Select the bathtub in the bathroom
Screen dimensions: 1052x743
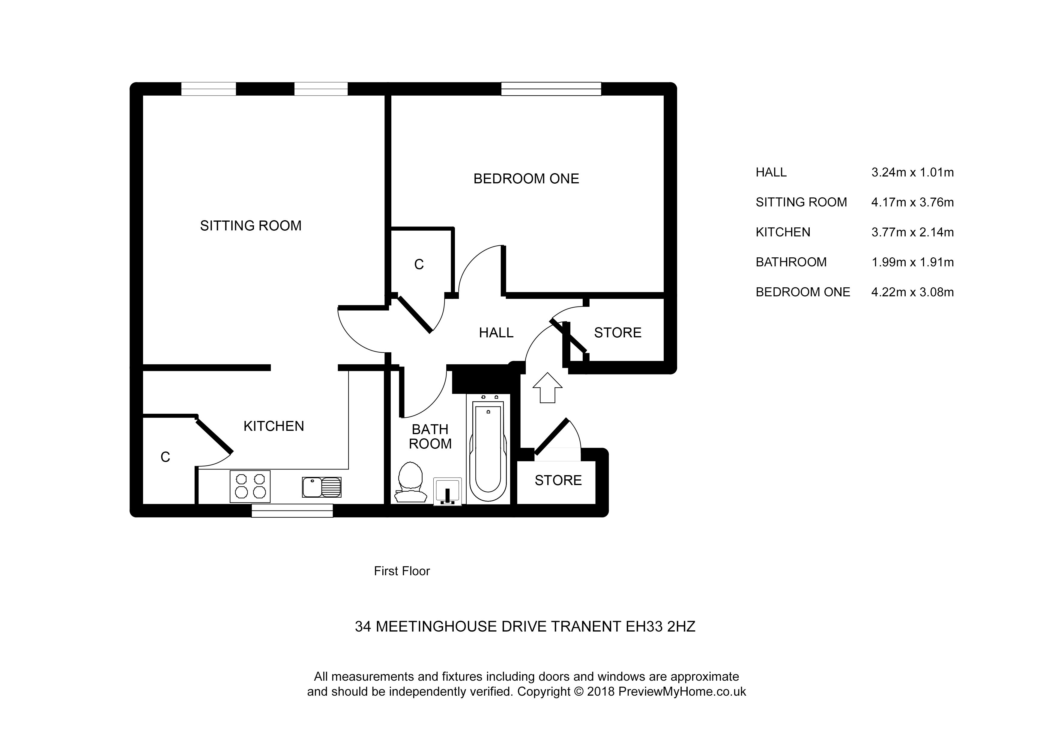pyautogui.click(x=489, y=448)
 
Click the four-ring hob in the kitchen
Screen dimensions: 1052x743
pyautogui.click(x=250, y=486)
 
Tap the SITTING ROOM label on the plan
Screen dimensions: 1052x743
pyautogui.click(x=251, y=226)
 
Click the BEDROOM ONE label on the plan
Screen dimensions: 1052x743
pyautogui.click(x=526, y=179)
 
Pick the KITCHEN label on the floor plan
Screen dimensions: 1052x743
pyautogui.click(x=273, y=426)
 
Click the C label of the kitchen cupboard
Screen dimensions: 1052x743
pyautogui.click(x=166, y=457)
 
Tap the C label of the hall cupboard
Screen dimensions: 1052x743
pyautogui.click(x=419, y=265)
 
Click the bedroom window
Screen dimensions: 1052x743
pyautogui.click(x=551, y=89)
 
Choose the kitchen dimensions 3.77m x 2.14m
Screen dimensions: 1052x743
pyautogui.click(x=912, y=232)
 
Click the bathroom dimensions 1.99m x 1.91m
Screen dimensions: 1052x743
pyautogui.click(x=912, y=262)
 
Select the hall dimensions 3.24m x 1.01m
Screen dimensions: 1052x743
pyautogui.click(x=912, y=173)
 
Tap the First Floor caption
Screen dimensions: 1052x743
pyautogui.click(x=402, y=571)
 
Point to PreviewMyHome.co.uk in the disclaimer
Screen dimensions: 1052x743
pyautogui.click(x=682, y=692)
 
